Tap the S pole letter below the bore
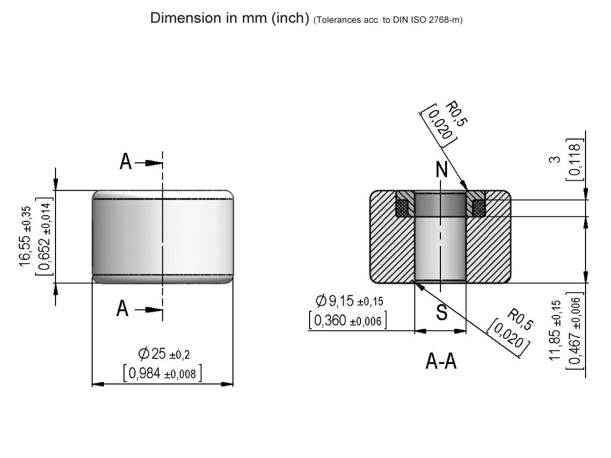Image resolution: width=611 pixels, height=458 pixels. pos(442,312)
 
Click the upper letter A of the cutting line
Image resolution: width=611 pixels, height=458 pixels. pos(125,162)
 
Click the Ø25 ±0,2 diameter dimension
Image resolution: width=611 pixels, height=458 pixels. pos(163,353)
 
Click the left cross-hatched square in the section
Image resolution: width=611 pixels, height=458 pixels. pos(403,208)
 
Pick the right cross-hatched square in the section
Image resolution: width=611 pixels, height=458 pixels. pos(479,208)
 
